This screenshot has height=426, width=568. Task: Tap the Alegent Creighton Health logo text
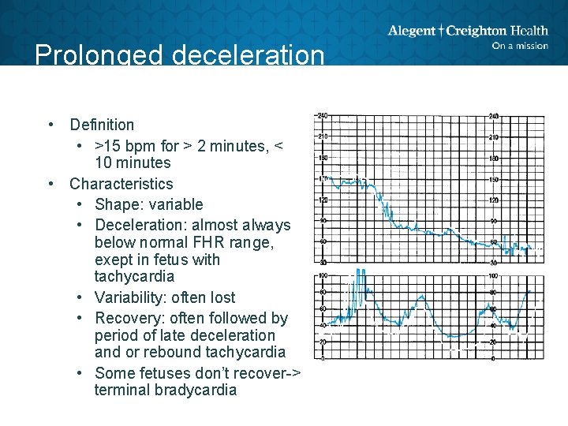click(467, 31)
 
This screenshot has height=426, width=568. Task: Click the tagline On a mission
click(519, 46)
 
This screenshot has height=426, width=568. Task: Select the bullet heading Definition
click(102, 125)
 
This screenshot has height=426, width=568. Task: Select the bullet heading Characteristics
click(121, 184)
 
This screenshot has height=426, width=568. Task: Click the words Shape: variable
click(148, 204)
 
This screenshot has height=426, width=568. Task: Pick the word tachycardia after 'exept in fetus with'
click(134, 277)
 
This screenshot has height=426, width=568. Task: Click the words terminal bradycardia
click(165, 390)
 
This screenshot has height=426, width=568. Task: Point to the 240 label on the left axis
click(322, 116)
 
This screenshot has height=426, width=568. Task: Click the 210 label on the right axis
click(494, 137)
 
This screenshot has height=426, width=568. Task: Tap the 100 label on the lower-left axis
click(322, 276)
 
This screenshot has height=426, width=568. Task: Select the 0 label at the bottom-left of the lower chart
click(322, 359)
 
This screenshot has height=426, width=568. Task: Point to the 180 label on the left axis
click(322, 159)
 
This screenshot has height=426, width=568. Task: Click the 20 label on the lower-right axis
click(493, 342)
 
